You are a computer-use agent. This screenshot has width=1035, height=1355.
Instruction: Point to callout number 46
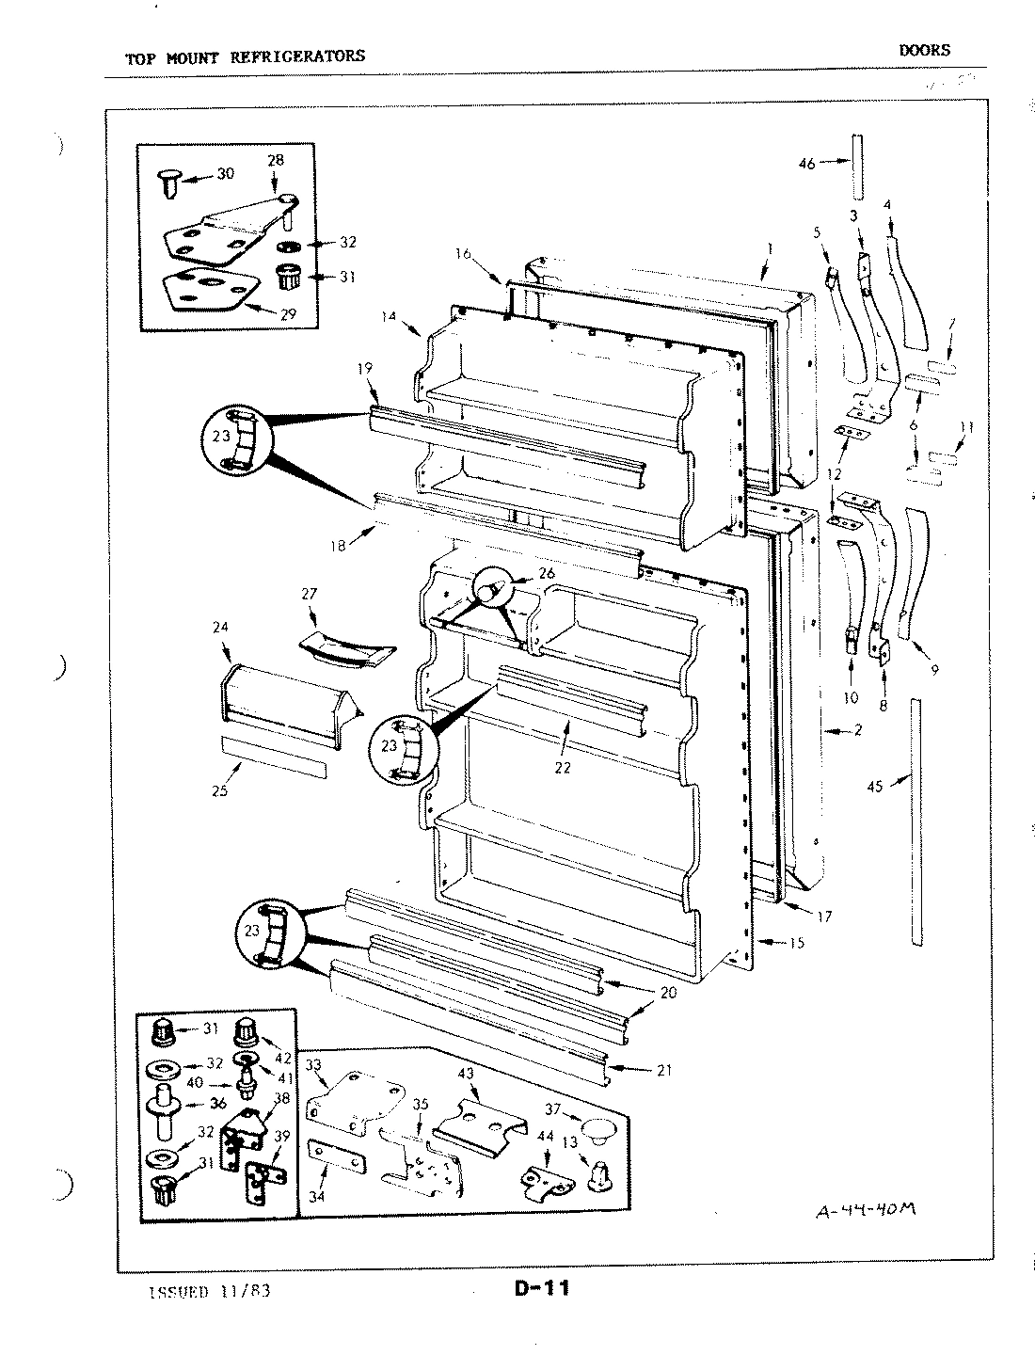(x=806, y=164)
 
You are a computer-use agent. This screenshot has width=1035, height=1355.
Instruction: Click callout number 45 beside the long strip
(x=875, y=788)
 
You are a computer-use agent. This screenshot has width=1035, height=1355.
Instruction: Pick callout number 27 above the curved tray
(x=309, y=594)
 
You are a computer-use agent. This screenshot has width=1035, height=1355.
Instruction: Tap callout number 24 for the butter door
(x=222, y=627)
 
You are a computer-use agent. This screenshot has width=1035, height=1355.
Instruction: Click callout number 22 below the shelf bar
(x=563, y=768)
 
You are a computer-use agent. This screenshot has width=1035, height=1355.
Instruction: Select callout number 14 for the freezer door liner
(x=388, y=317)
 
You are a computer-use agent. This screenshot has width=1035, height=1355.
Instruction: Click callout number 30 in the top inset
(x=226, y=173)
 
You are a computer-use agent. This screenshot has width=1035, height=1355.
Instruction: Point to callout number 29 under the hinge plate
(x=289, y=314)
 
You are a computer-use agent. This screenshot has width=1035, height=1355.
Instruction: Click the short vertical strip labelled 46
(x=856, y=162)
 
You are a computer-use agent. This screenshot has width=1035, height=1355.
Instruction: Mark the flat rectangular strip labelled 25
(x=273, y=756)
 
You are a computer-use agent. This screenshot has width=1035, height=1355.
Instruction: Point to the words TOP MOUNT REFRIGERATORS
(x=245, y=56)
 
